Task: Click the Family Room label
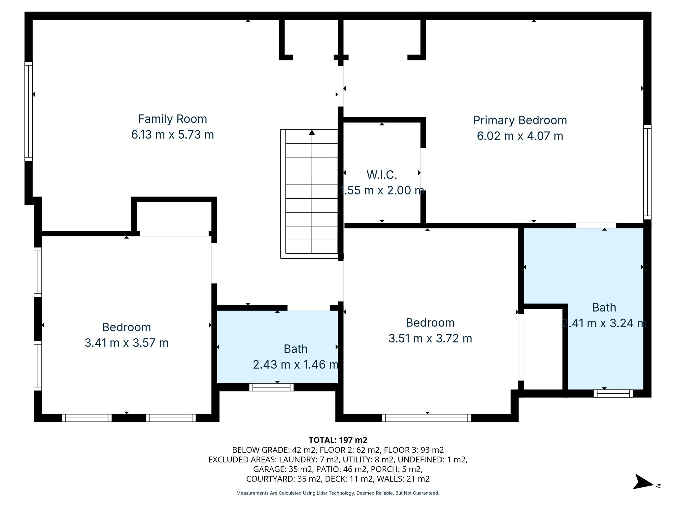tap(172, 119)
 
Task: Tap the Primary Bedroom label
tap(520, 120)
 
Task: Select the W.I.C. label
tap(382, 175)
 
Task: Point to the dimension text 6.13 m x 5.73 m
tap(172, 135)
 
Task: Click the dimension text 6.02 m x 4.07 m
tap(520, 136)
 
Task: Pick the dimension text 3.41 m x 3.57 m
tap(126, 343)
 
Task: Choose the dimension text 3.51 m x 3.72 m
tap(430, 338)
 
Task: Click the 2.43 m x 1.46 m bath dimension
tap(296, 364)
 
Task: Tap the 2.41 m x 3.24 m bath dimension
tap(604, 323)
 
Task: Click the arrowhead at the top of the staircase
tap(312, 133)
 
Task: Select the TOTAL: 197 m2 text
tap(338, 440)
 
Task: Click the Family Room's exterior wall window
tap(29, 111)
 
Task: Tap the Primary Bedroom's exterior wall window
tap(647, 172)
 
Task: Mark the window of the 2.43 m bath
tap(271, 387)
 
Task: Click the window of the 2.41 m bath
tap(613, 393)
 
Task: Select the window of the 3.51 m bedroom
tap(426, 418)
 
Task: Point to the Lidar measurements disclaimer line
tap(338, 493)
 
